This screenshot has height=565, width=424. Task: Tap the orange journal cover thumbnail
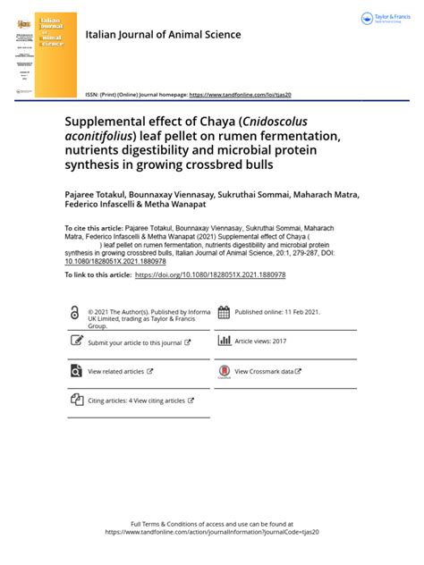coord(55,55)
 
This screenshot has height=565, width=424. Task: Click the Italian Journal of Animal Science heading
coord(163,35)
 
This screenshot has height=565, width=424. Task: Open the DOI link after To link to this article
coord(209,275)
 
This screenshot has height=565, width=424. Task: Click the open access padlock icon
coord(74,312)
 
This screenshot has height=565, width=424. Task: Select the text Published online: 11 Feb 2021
coord(276,313)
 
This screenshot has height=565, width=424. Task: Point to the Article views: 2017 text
coord(260,342)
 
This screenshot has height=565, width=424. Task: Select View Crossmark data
coord(267,371)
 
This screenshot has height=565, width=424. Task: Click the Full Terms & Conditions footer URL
coord(212,531)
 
